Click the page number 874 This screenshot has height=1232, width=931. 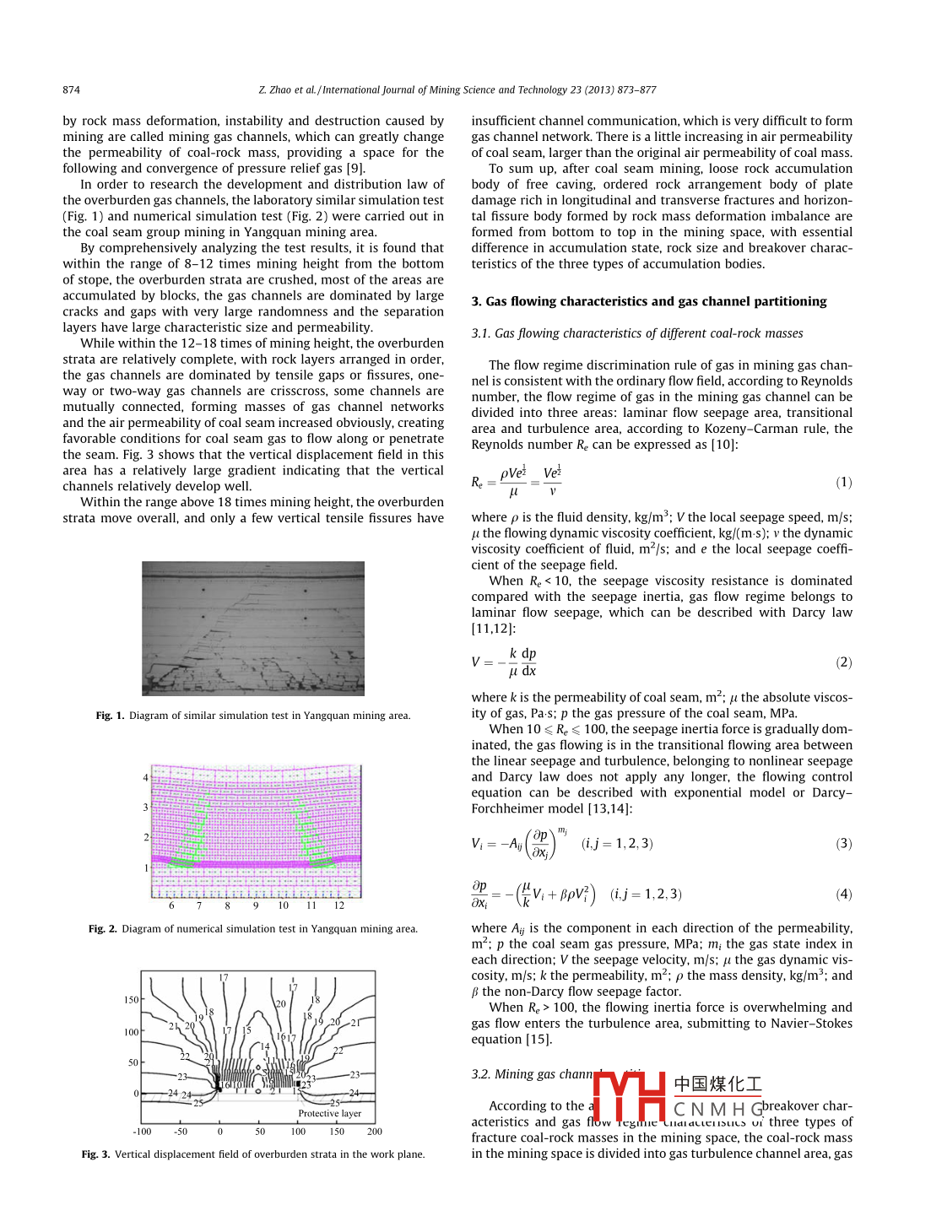coord(71,90)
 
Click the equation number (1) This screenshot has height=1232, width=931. coord(843,482)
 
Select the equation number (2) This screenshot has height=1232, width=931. coord(843,662)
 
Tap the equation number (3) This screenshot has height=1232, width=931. coord(843,843)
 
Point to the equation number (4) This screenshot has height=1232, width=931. coord(843,894)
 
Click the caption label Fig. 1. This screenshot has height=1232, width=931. coord(110,716)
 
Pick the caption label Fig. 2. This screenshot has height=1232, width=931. coord(102,929)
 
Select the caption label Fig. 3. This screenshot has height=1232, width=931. coord(95,1154)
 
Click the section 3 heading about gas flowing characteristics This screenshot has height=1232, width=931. coord(648,301)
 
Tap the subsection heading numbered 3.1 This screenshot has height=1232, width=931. coord(636,333)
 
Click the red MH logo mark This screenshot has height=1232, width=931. coord(630,1095)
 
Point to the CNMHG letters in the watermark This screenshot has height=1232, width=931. coord(717,1109)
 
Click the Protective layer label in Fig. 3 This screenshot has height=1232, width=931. coord(329,1114)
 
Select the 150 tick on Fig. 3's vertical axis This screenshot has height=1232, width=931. coord(132,1000)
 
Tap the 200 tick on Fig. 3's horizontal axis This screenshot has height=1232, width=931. coord(375,1132)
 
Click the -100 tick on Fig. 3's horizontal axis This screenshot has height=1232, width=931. coord(142,1132)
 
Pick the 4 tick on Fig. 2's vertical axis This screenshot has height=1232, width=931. coord(146,778)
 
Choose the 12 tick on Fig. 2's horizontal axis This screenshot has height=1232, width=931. coord(338,905)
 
